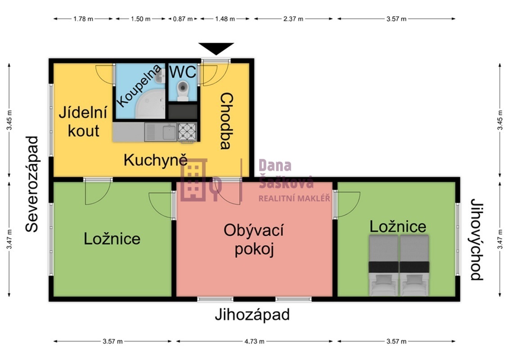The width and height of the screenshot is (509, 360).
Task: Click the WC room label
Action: click(x=182, y=72)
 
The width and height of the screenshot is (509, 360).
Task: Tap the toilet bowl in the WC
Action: click(x=183, y=88)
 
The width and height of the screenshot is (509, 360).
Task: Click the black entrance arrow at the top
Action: click(x=216, y=48)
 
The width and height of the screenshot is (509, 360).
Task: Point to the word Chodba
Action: click(x=226, y=121)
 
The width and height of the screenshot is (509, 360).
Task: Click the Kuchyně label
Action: click(x=155, y=160)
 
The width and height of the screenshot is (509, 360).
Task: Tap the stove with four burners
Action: click(x=187, y=132)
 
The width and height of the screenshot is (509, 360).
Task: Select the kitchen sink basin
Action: click(x=169, y=132)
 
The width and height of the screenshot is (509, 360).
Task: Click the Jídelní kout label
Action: click(x=83, y=121)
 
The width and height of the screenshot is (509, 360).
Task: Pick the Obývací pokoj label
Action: click(x=254, y=239)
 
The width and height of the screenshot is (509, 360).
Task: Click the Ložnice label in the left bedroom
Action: click(x=112, y=238)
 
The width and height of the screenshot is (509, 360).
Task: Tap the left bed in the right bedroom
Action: click(x=383, y=265)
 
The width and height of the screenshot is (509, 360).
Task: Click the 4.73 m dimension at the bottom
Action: click(x=254, y=342)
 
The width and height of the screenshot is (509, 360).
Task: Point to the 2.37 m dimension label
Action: click(x=293, y=19)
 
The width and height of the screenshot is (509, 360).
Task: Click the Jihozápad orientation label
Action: click(x=252, y=315)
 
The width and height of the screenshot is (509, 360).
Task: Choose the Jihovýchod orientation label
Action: click(x=477, y=239)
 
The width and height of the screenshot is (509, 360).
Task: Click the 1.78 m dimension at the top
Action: click(x=83, y=19)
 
